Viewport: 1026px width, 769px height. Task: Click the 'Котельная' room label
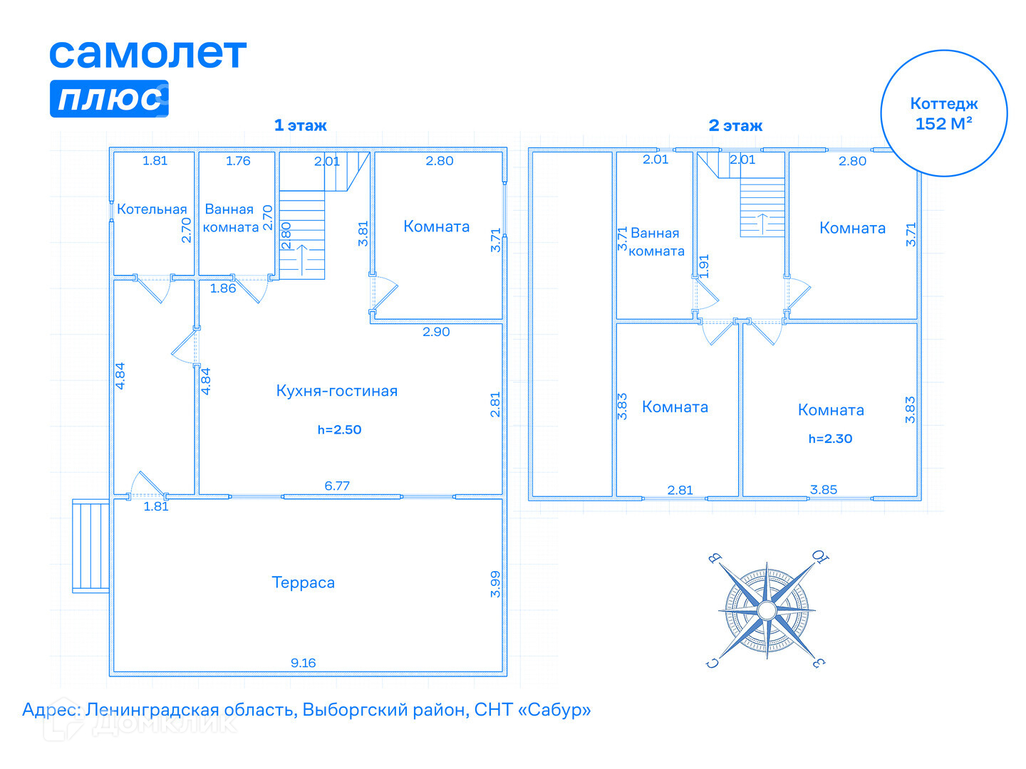point(152,209)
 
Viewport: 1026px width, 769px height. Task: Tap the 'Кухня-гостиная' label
point(336,391)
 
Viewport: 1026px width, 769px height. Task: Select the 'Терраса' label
point(303,582)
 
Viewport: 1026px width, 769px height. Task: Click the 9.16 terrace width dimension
point(303,663)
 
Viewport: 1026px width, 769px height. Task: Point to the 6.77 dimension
point(337,486)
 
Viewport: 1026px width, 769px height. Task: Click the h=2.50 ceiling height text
point(339,429)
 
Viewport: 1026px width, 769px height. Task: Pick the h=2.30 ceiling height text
point(830,439)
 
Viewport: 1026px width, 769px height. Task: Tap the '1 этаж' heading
point(300,125)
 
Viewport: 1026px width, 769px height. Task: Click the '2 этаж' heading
point(735,126)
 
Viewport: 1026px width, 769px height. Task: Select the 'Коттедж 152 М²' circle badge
point(943,113)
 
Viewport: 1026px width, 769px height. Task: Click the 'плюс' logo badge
point(109,98)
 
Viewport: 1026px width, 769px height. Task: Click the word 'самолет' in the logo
point(147,54)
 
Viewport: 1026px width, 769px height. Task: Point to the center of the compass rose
point(767,610)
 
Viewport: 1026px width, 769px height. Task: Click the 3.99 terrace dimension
point(495,584)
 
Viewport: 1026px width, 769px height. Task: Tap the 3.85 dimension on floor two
point(823,490)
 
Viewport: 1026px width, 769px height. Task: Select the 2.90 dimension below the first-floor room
point(436,332)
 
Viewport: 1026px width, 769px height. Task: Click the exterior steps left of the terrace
point(90,545)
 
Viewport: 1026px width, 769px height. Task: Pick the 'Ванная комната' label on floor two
point(655,242)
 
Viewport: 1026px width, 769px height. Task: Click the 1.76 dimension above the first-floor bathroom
point(238,161)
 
